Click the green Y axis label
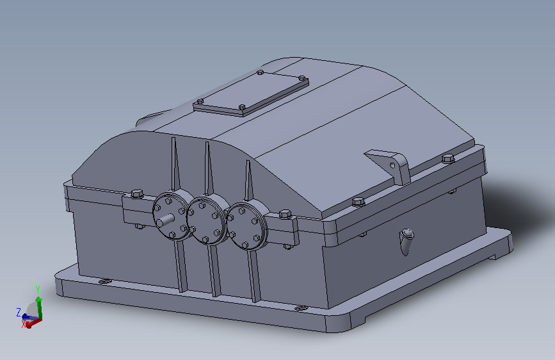tap(38, 289)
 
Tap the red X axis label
tap(24, 325)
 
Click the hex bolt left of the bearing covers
tap(136, 193)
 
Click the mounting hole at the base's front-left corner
tap(102, 281)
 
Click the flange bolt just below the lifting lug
tap(358, 202)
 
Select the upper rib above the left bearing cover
tap(174, 165)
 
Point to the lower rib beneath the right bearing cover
tap(255, 275)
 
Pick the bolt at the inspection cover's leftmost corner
tap(200, 101)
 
